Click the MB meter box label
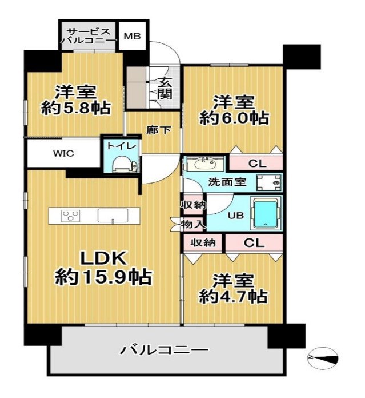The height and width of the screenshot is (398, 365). pos(132,36)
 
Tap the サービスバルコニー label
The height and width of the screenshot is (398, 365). pos(89,36)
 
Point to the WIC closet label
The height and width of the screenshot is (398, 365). pos(63,153)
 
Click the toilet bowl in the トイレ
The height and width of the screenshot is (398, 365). pos(121,164)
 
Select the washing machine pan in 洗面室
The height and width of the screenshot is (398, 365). pos(268,183)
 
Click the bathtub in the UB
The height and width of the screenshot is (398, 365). pos(266,213)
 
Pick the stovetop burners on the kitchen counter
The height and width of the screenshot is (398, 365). pos(71,216)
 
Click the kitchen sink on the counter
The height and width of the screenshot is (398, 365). pos(113,216)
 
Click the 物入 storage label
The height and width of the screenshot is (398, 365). pos(192,224)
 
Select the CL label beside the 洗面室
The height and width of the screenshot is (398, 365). pos(257,164)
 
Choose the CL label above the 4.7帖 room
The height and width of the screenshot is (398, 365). pos(254,243)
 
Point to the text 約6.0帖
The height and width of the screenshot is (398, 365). pos(234,118)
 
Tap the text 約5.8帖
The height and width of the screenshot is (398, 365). pos(76,108)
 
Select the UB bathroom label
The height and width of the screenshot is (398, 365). pos(236,216)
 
